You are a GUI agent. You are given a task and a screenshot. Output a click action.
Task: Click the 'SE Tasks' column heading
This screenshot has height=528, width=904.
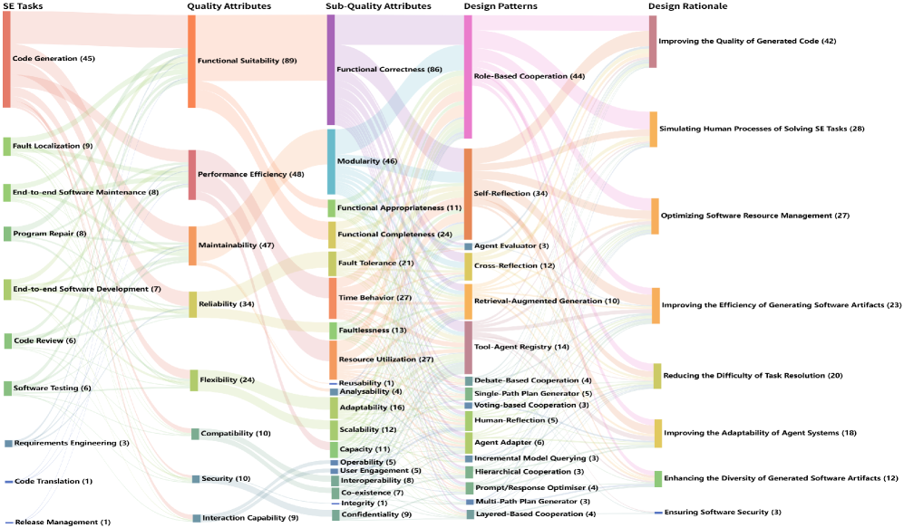(x=23, y=6)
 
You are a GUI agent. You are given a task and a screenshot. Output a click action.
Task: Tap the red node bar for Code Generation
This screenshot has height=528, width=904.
(x=6, y=60)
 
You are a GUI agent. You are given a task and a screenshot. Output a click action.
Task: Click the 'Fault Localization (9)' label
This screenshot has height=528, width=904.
(x=53, y=146)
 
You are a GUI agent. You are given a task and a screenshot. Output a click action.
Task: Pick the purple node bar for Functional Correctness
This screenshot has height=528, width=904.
(x=331, y=69)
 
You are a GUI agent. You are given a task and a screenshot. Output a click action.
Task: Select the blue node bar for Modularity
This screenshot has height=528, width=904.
(x=331, y=161)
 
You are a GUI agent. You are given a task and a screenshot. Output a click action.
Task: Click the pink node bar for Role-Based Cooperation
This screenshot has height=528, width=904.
(x=468, y=76)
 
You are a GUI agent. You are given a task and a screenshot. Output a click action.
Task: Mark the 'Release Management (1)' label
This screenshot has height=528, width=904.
(x=63, y=522)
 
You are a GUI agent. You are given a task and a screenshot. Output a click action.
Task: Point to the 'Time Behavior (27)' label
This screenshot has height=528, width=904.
(x=374, y=298)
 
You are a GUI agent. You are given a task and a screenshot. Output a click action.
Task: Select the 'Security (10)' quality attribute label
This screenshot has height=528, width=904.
(x=225, y=478)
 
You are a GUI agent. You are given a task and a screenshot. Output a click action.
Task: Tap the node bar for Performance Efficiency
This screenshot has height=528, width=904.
(x=192, y=175)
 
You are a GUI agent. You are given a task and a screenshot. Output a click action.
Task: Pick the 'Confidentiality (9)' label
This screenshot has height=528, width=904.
(x=375, y=514)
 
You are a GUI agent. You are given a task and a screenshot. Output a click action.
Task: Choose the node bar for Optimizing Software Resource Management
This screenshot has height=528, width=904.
(x=655, y=216)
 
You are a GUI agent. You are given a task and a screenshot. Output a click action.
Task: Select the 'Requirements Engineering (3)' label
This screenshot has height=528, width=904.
(x=72, y=443)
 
